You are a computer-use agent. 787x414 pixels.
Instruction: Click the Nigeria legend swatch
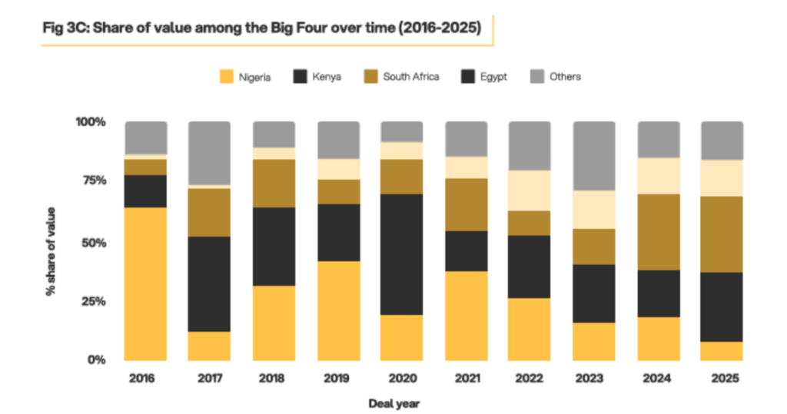(226, 77)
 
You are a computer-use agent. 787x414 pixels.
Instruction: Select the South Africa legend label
(411, 77)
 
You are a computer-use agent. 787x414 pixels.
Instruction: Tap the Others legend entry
(565, 77)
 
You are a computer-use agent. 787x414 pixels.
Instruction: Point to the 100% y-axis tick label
(90, 122)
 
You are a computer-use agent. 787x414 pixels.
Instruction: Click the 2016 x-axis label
(146, 379)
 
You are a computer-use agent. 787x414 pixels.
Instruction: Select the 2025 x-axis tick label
(722, 379)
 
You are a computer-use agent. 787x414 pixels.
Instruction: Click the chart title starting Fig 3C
(261, 29)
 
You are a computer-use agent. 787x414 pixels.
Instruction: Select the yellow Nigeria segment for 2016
(146, 283)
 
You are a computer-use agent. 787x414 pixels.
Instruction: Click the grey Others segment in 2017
(210, 153)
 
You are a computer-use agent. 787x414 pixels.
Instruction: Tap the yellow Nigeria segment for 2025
(722, 350)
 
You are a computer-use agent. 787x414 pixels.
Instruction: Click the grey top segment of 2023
(594, 155)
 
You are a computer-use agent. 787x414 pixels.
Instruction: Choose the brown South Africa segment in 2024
(658, 232)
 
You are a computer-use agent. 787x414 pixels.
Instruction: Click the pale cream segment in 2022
(530, 190)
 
